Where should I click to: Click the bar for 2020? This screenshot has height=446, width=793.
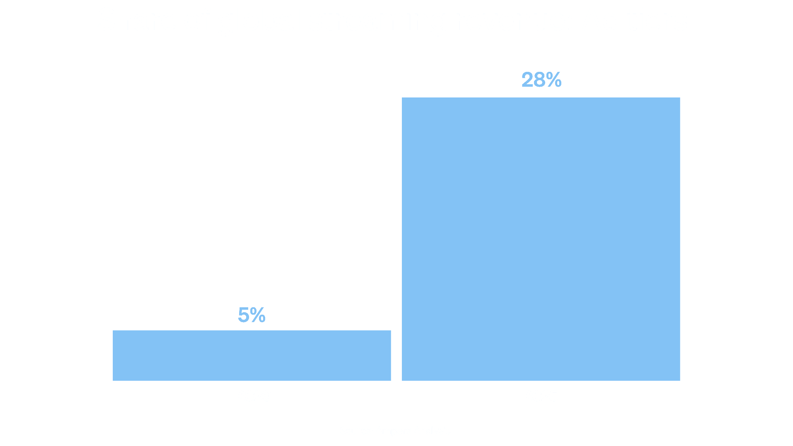252,355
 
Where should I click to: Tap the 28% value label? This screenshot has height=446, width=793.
541,80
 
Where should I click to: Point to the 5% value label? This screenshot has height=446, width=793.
252,315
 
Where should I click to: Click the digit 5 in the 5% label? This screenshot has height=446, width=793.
243,315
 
